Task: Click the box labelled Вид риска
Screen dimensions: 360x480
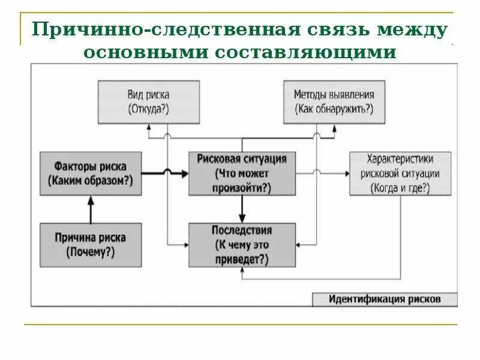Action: click(149, 102)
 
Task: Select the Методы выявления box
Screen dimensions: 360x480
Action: click(334, 102)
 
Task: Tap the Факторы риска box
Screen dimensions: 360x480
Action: click(91, 173)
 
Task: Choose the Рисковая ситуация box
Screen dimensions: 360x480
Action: click(242, 173)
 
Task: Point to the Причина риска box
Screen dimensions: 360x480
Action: click(91, 245)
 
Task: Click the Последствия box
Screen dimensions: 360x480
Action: click(242, 245)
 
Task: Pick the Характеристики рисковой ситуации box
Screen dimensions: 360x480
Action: click(400, 173)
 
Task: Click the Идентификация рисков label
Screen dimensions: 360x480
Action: click(385, 298)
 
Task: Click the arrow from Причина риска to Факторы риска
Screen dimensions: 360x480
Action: click(91, 209)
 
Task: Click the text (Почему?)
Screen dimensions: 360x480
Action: click(91, 253)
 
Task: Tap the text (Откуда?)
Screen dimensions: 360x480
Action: click(149, 109)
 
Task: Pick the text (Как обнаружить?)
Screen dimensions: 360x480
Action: click(334, 109)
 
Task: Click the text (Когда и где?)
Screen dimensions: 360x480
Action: click(400, 187)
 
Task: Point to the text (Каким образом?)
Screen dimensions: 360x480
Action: click(91, 181)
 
